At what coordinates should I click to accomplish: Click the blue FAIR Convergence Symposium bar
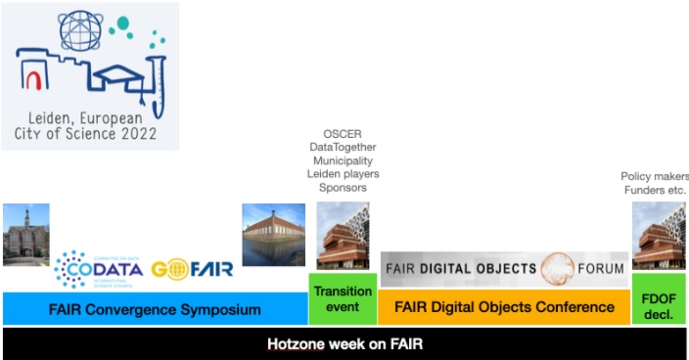pyautogui.click(x=155, y=309)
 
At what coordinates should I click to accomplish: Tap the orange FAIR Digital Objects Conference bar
pyautogui.click(x=504, y=307)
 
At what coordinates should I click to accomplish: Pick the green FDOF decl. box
pyautogui.click(x=658, y=298)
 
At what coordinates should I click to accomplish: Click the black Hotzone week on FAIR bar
pyautogui.click(x=344, y=343)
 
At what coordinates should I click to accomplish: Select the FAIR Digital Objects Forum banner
pyautogui.click(x=503, y=268)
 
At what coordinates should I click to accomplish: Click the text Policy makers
pyautogui.click(x=654, y=176)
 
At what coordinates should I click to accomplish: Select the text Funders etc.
pyautogui.click(x=655, y=190)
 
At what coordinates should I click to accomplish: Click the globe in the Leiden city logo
pyautogui.click(x=80, y=32)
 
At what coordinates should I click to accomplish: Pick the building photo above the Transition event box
pyautogui.click(x=343, y=236)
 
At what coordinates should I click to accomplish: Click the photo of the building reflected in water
pyautogui.click(x=274, y=236)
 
